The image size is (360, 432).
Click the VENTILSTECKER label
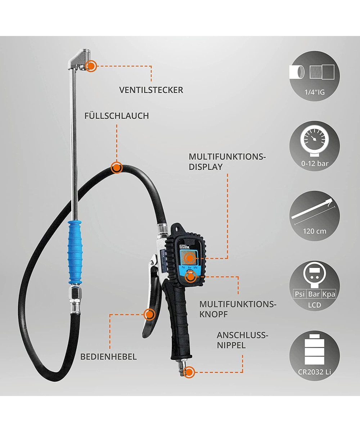tap(151, 90)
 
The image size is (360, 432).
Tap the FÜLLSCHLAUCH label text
tap(117, 116)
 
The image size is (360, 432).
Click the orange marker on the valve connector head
tap(91, 66)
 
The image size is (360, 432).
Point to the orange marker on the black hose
tap(117, 167)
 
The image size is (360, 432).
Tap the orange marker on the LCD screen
tap(190, 258)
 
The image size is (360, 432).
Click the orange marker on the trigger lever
tap(149, 315)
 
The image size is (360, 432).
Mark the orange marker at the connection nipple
tap(189, 372)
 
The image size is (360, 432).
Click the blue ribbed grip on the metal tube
tap(75, 252)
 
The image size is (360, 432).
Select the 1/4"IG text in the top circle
tap(315, 92)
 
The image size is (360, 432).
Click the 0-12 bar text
tap(315, 164)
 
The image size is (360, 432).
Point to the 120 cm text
tap(315, 231)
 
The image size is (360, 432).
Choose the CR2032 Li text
tap(314, 372)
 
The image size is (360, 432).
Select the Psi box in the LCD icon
tap(300, 294)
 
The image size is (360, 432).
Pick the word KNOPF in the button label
tap(213, 314)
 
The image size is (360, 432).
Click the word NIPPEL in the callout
tap(231, 345)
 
